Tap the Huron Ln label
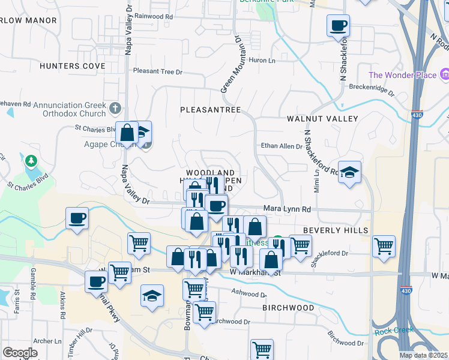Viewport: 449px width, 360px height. [x=262, y=61]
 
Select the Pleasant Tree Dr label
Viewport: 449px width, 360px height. [x=157, y=71]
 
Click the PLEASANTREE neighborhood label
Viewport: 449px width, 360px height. [x=210, y=110]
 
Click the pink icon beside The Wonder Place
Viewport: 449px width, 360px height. [x=445, y=75]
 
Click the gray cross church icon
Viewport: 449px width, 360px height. [x=116, y=109]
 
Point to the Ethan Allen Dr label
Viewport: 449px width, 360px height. [x=282, y=146]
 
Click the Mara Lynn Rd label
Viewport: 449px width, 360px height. [x=287, y=209]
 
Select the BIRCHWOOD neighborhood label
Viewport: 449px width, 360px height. [x=288, y=308]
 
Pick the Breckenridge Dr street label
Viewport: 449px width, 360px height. [x=372, y=93]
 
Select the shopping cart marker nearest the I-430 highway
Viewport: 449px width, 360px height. [x=384, y=245]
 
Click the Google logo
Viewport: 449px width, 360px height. [x=20, y=353]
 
